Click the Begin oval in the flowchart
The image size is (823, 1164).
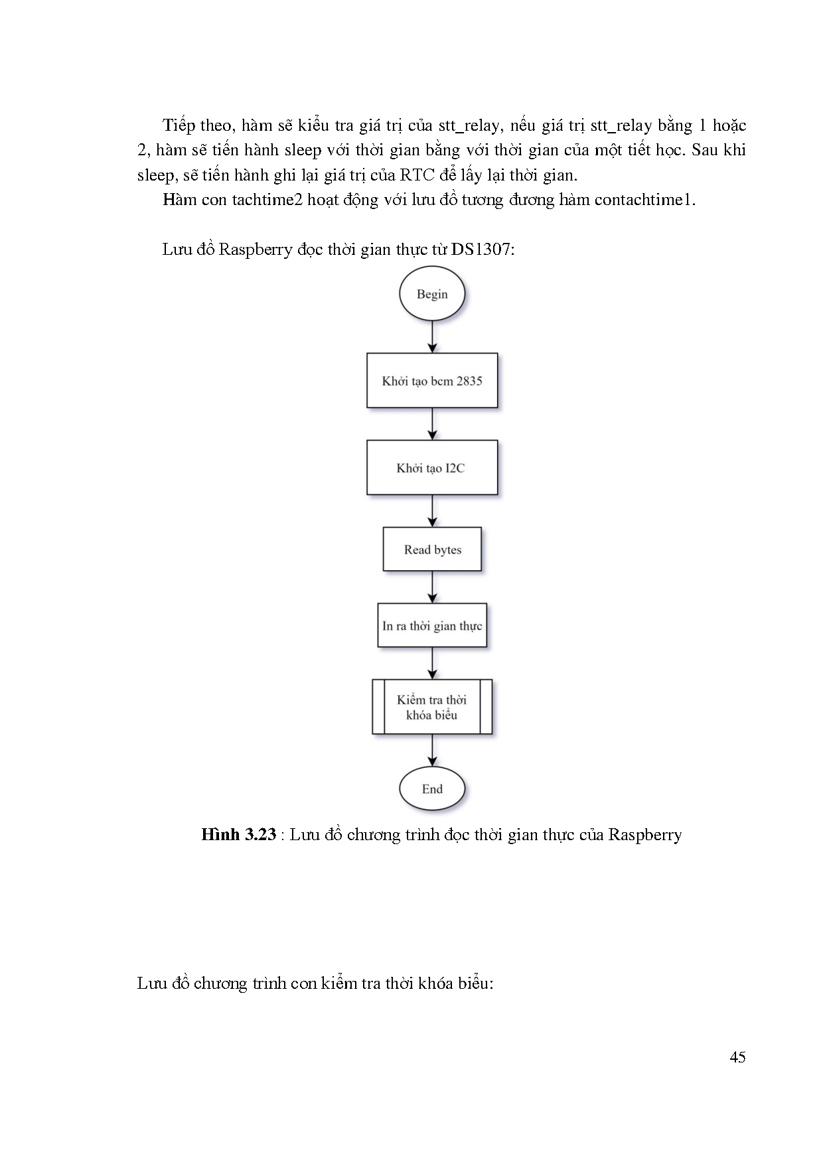coord(432,293)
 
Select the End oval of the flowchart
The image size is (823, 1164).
coord(432,788)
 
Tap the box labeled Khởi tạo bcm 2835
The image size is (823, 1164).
coord(432,380)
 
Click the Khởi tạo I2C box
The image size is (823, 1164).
coord(432,467)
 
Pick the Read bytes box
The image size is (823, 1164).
coord(432,549)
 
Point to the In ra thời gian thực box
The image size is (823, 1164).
coord(432,625)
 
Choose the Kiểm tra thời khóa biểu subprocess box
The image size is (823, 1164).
coord(432,707)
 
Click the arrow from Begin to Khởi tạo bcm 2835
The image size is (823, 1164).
coord(432,336)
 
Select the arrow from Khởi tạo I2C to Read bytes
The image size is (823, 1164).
coord(432,511)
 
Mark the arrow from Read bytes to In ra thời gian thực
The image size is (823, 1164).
coord(432,587)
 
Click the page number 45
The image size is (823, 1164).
coord(737,1057)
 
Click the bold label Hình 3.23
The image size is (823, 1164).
coord(238,835)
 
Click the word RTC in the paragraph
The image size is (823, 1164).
coord(416,175)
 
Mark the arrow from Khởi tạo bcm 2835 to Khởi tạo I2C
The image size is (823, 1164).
coord(432,423)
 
